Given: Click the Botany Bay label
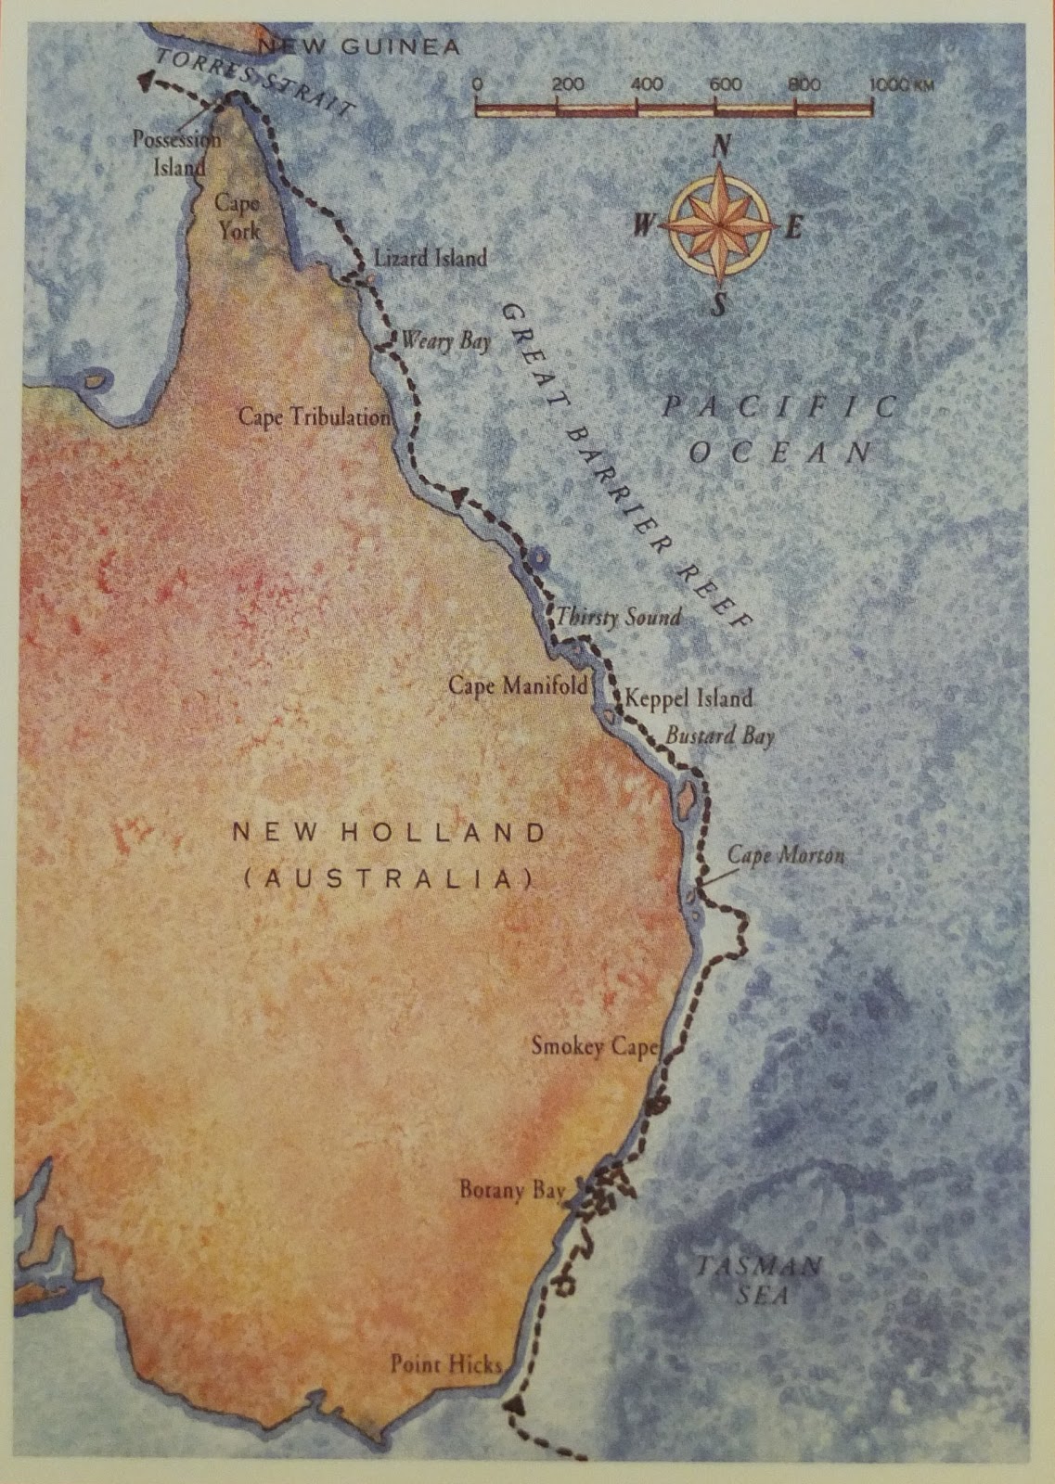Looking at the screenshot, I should [512, 1190].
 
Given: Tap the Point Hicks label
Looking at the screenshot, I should [445, 1363].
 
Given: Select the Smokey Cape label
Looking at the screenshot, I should [594, 1046].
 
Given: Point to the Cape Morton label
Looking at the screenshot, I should [785, 854].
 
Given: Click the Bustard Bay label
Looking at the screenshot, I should [719, 736].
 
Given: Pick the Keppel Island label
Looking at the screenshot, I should [688, 697].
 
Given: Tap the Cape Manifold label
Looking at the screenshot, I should [519, 686].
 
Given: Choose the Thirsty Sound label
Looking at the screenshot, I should [618, 617].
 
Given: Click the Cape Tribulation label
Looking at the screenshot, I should [315, 417].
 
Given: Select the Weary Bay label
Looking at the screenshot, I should [444, 341].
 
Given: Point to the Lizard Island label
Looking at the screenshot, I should [430, 258].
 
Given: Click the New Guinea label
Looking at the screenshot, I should [358, 46].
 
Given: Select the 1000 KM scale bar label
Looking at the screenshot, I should [900, 84].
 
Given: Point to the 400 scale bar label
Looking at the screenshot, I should [646, 84].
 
